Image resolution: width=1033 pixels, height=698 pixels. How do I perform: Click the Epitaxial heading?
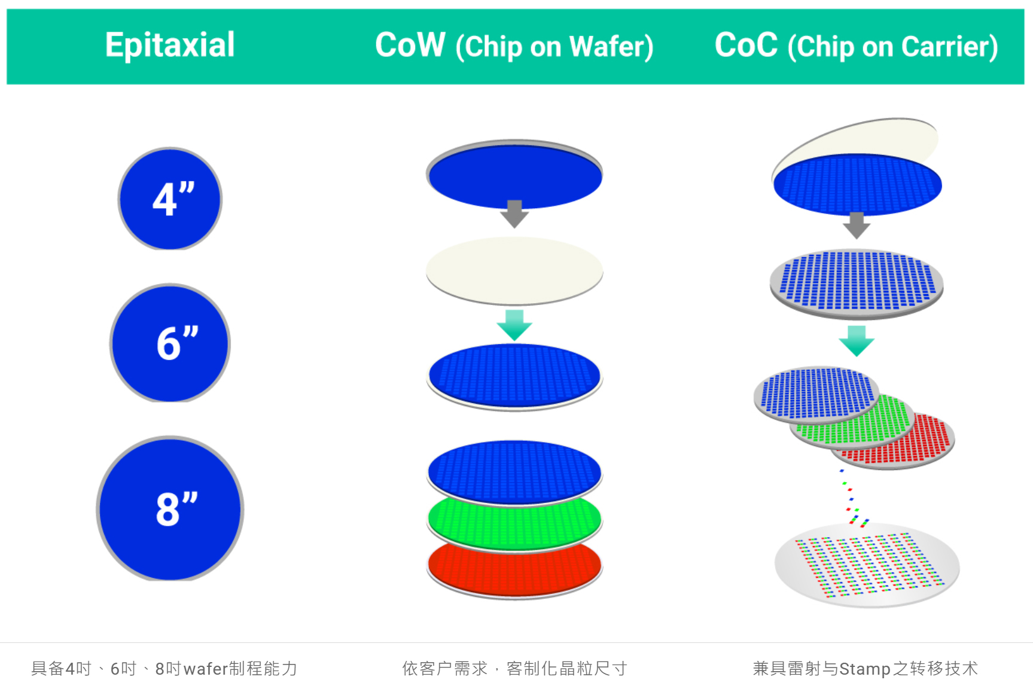click(x=170, y=45)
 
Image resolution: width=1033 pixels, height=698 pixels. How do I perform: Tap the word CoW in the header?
click(x=410, y=45)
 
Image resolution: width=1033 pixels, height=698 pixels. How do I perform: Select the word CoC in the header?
click(x=746, y=45)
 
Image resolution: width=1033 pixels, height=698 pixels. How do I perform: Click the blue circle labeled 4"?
click(x=170, y=199)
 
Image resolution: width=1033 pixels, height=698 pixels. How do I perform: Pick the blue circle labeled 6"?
click(x=170, y=344)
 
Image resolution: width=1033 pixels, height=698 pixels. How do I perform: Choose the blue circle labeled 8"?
click(x=170, y=509)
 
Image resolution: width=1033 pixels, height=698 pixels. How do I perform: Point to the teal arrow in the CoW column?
click(x=514, y=325)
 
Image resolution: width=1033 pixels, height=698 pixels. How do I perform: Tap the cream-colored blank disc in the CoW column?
click(x=514, y=270)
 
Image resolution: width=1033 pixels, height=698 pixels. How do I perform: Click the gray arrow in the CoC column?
click(x=857, y=225)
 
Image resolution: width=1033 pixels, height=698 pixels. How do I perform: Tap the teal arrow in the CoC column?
click(x=857, y=340)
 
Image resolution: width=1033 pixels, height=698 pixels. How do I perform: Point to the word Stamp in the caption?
click(x=865, y=669)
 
